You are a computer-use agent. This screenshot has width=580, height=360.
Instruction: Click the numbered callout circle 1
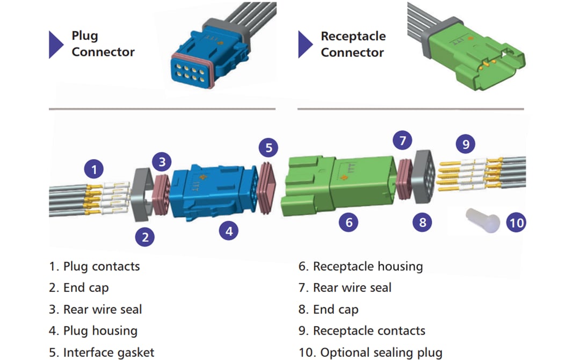[95, 170]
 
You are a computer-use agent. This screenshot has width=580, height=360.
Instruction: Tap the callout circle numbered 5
[269, 147]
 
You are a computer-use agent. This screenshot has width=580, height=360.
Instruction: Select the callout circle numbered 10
[516, 222]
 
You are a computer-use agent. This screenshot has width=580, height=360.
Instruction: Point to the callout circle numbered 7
[402, 141]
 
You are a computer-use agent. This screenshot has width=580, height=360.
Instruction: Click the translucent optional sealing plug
[481, 220]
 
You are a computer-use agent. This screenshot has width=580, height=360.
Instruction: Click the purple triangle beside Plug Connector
[56, 44]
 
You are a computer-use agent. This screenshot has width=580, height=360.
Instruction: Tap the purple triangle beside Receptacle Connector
[306, 44]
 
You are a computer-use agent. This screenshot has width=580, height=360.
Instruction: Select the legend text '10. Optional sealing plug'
[371, 352]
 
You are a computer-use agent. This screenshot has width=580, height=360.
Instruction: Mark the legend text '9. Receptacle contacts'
[362, 331]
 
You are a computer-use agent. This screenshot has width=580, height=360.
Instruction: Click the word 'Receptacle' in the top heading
[353, 36]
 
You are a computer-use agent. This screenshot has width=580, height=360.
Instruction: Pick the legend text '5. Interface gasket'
[102, 352]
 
